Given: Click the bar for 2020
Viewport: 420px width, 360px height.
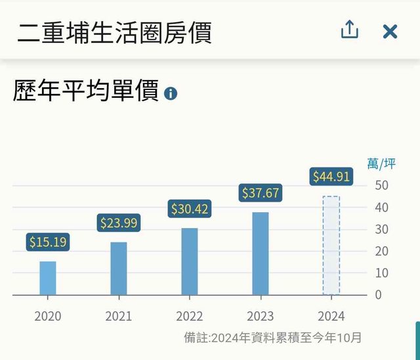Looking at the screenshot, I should coord(48,278).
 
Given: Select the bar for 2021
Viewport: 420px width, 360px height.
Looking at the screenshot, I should coord(119,269).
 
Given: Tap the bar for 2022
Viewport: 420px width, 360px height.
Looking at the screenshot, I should coord(190,261).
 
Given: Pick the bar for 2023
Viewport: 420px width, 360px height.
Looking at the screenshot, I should coord(261,254).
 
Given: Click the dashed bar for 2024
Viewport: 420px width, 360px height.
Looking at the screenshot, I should coord(331,246).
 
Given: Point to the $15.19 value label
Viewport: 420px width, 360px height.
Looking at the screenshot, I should coord(48,242).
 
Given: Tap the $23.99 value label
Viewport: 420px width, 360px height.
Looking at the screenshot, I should coord(119,223).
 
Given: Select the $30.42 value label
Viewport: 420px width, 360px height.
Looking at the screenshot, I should coord(190,209).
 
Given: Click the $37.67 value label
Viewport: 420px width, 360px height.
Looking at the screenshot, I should coord(261,192).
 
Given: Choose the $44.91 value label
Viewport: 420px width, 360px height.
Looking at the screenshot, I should coord(331,177).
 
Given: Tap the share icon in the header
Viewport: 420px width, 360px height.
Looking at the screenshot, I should coord(350,30).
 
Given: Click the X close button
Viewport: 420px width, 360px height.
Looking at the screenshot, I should coord(390,31).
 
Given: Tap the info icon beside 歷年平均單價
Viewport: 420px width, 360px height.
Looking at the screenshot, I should coord(171,93).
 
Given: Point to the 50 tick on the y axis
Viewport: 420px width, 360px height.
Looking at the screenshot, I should coord(382,185).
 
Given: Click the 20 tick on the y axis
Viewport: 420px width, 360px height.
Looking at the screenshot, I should coord(382,251).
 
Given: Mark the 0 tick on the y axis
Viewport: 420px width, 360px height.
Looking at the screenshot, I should coord(378,294).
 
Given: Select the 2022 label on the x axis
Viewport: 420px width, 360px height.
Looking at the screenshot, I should coord(190,316).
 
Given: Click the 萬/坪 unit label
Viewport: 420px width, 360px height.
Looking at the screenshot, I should coord(382,164).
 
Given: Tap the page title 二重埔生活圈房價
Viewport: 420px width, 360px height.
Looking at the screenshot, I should coord(114,31).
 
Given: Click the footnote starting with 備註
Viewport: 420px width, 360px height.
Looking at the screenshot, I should coord(272,338).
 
